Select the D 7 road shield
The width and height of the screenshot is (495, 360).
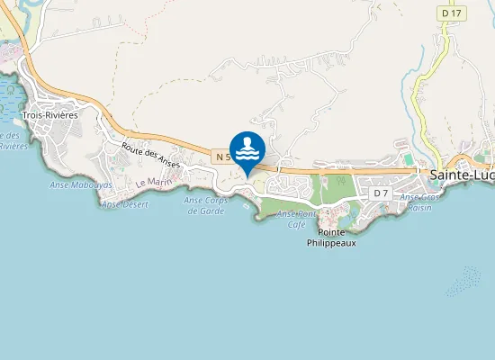click(380, 193)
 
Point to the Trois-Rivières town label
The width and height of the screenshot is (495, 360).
click(50, 115)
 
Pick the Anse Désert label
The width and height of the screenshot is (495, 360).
click(124, 204)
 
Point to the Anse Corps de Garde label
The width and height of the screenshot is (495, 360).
click(205, 205)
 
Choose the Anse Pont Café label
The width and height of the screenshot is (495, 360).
click(298, 219)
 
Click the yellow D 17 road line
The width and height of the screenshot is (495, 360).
click(423, 90)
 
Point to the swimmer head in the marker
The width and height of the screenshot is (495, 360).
click(247, 140)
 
